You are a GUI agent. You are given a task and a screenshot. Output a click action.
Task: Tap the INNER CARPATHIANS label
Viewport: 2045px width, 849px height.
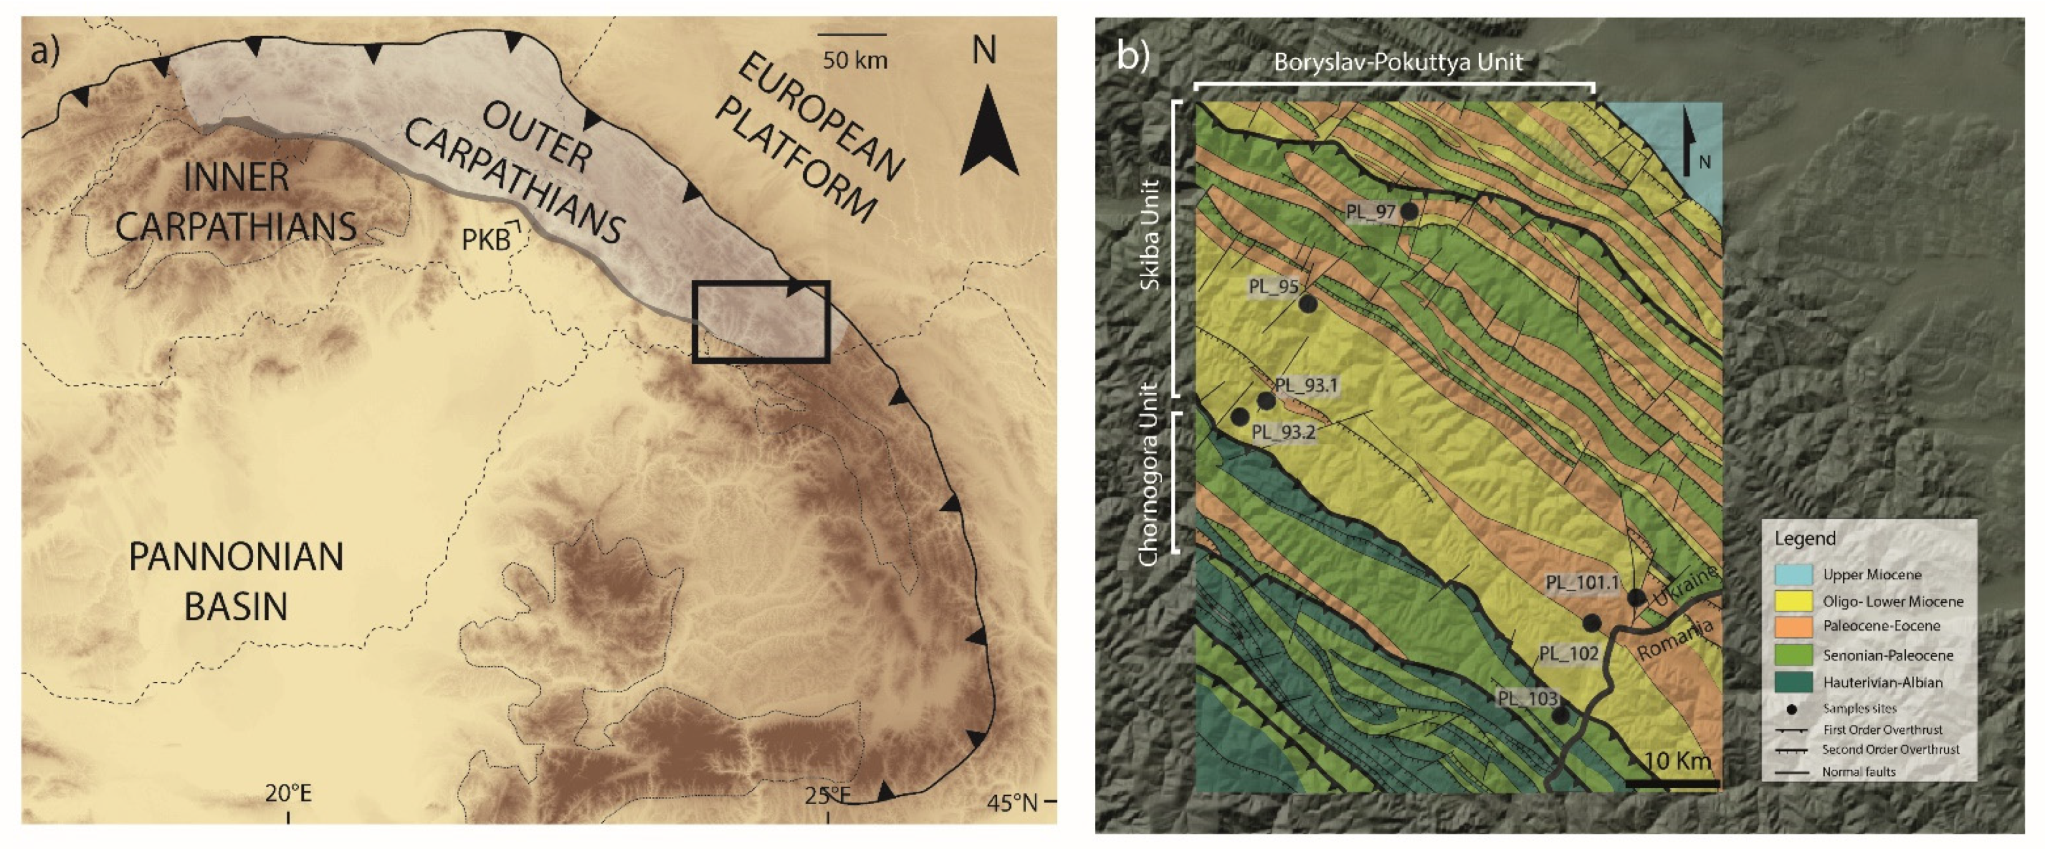tap(236, 203)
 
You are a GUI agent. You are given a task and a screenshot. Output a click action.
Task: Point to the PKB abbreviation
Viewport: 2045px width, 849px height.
tap(486, 239)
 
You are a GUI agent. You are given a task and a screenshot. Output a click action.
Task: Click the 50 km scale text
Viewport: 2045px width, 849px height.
tap(854, 60)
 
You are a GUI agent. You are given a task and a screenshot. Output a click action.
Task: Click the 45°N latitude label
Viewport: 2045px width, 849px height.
tap(1012, 803)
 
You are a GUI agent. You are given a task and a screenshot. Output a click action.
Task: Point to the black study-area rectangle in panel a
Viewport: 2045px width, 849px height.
tap(761, 322)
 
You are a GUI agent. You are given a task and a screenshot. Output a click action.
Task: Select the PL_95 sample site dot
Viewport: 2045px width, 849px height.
tap(1308, 303)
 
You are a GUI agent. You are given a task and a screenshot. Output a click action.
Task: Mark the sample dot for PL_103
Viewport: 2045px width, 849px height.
tap(1560, 715)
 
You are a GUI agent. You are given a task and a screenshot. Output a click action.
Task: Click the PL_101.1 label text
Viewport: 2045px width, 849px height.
tap(1582, 582)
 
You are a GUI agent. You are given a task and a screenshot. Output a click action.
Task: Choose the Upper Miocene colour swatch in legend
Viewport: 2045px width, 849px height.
tap(1793, 574)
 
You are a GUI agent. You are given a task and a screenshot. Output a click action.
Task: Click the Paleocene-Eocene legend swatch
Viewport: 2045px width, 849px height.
tap(1793, 627)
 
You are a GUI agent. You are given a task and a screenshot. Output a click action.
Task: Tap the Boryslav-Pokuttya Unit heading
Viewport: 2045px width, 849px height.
tap(1398, 63)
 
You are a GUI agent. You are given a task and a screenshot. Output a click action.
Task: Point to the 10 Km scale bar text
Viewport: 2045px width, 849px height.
tap(1677, 761)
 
